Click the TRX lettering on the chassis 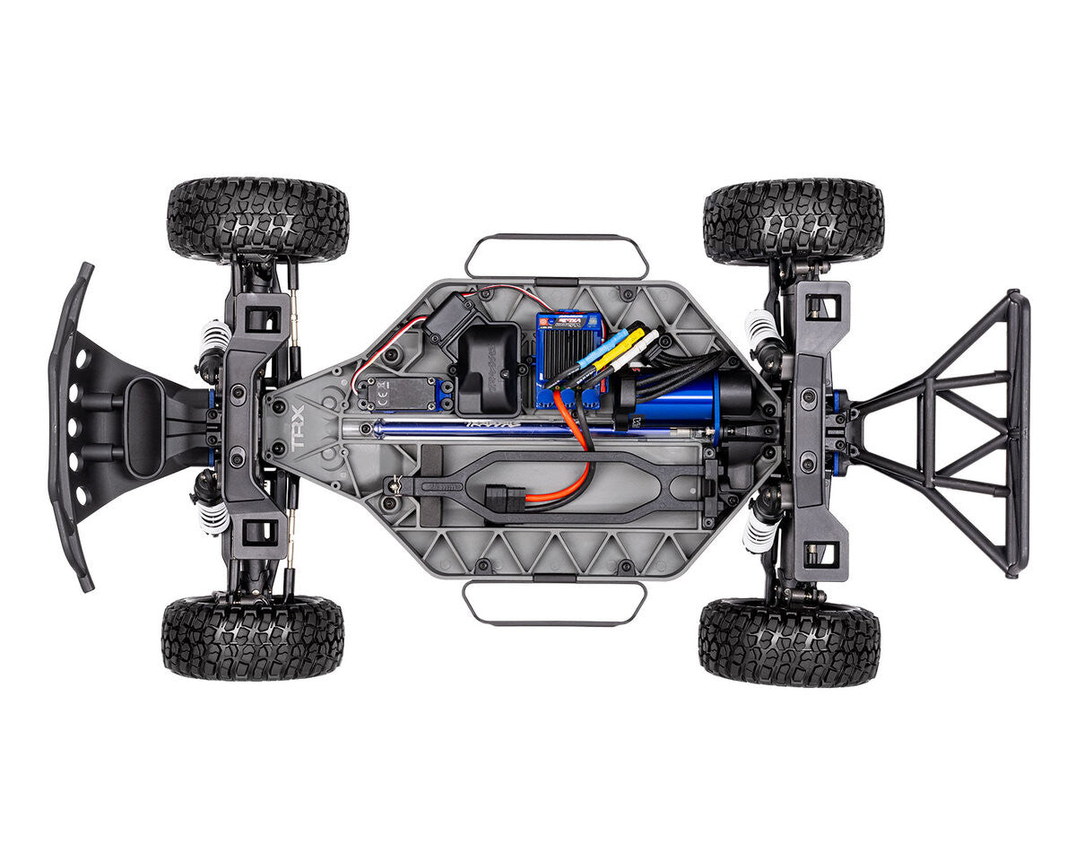(298, 429)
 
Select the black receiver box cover (489, 368)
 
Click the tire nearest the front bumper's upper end (258, 219)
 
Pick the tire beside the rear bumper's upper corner (794, 222)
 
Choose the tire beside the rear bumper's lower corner (789, 642)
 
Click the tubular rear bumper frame (950, 430)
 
